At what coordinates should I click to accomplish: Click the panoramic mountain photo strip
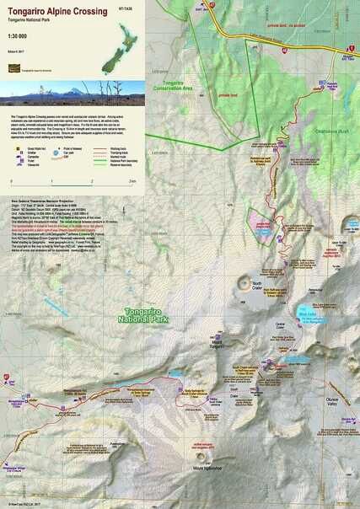(x=73, y=88)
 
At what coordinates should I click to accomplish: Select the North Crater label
(x=261, y=285)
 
